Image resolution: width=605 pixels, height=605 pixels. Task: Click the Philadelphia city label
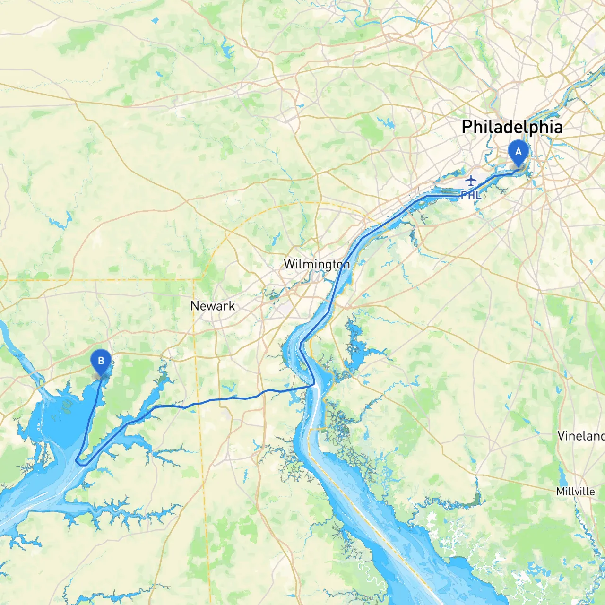[512, 127]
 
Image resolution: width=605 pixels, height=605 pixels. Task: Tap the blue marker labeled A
[519, 152]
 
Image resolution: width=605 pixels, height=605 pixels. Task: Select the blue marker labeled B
[101, 362]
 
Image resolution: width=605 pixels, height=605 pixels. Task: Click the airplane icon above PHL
[471, 180]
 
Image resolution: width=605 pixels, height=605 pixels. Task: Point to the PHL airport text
[471, 195]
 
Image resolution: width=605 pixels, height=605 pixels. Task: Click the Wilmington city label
[317, 264]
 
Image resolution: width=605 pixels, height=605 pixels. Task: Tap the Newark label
[213, 306]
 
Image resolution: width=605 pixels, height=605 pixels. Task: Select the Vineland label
[581, 436]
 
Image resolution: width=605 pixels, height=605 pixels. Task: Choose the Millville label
[575, 492]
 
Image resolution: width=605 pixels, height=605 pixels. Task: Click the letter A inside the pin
[519, 152]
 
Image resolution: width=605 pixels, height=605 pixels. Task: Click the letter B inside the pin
[101, 361]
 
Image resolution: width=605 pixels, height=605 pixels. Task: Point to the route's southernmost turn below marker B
[80, 464]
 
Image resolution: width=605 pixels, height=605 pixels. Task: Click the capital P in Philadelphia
[467, 127]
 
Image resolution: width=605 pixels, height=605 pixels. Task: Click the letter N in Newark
[194, 306]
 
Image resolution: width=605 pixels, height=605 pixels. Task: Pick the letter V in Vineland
[561, 436]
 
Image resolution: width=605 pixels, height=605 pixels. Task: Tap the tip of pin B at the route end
[101, 377]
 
